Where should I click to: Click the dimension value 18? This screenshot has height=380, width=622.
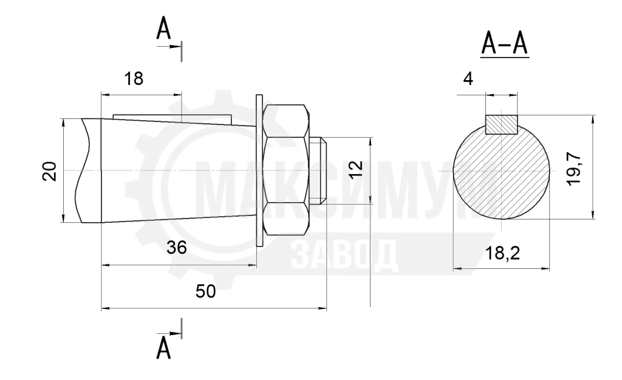tap(134, 79)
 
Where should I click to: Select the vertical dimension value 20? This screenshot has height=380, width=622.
tap(50, 171)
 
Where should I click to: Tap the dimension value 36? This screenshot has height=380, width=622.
tap(177, 248)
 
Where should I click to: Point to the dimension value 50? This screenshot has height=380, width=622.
tap(205, 291)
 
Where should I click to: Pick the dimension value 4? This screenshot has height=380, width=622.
tap(468, 80)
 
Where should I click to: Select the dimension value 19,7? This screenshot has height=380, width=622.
tap(573, 169)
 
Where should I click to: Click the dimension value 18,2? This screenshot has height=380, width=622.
tap(502, 253)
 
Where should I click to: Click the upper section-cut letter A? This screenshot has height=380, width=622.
tap(163, 29)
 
